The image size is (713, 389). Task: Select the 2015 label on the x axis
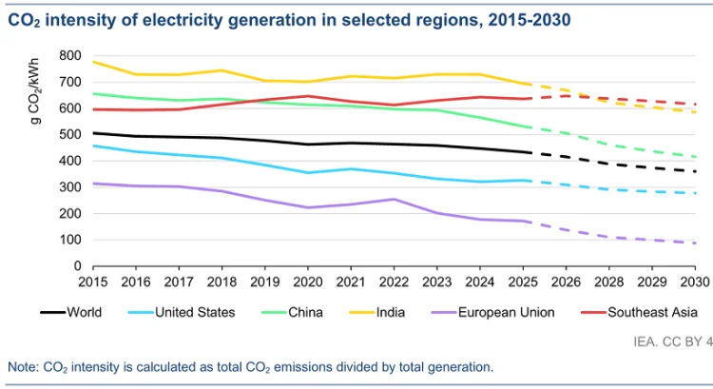(92, 282)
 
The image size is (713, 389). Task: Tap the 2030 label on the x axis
(694, 282)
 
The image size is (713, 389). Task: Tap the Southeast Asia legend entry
(651, 311)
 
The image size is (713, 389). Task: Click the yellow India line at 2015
(92, 62)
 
